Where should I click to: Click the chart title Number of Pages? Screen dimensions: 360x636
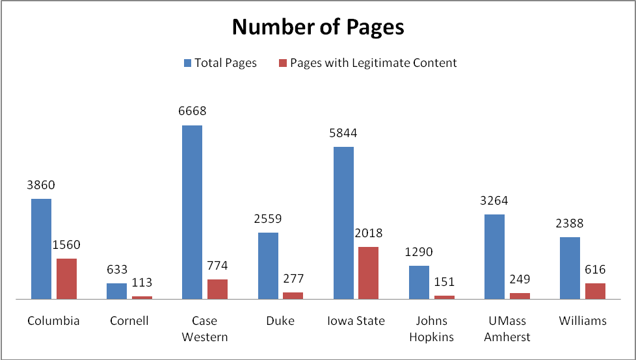(318, 27)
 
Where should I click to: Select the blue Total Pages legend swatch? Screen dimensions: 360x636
(187, 63)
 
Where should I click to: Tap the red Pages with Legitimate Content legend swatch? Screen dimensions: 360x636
(283, 63)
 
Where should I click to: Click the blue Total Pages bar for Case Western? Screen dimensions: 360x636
(192, 212)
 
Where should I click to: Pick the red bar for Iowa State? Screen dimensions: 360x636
(368, 273)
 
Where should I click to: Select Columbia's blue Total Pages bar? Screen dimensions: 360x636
(41, 249)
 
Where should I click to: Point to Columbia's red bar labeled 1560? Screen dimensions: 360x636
(66, 279)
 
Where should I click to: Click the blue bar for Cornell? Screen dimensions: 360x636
(116, 291)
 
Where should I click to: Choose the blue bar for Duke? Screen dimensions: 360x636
(268, 266)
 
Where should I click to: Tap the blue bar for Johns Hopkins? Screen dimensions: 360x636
(419, 282)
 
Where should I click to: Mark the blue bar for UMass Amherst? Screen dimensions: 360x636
(494, 257)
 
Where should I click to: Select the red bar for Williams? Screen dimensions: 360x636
(595, 291)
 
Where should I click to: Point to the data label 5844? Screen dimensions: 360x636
(343, 133)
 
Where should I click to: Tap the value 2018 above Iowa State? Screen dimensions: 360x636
(368, 233)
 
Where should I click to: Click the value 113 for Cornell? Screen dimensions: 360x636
(142, 283)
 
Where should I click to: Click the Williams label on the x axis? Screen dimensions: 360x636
(583, 321)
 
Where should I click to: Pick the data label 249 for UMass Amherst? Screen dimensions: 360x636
(520, 279)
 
